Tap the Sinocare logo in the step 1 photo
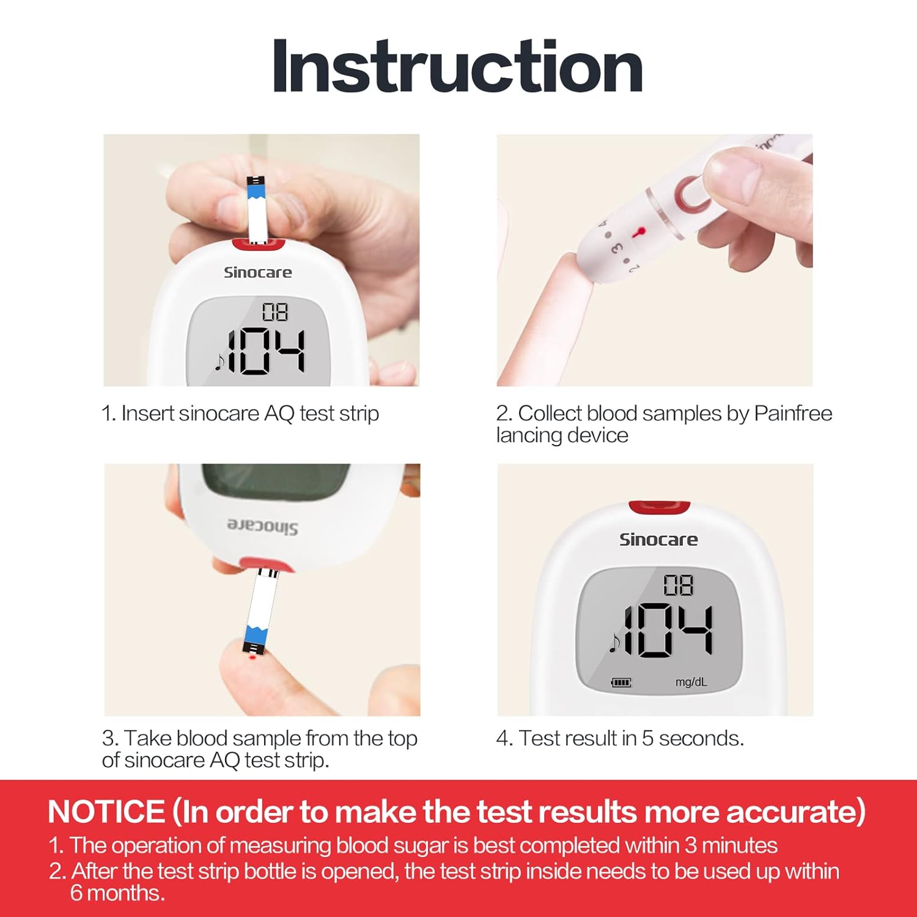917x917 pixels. click(257, 273)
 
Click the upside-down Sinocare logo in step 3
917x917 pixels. click(263, 526)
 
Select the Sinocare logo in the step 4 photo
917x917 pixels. click(658, 539)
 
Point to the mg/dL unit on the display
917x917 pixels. click(691, 682)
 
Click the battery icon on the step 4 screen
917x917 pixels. click(621, 682)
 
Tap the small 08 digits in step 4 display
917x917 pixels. click(679, 585)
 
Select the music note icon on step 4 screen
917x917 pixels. click(614, 642)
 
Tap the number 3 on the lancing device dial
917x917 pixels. click(616, 248)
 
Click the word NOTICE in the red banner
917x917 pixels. click(106, 812)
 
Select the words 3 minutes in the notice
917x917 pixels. click(731, 845)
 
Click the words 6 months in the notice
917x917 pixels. click(117, 893)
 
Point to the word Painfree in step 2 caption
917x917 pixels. click(793, 413)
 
